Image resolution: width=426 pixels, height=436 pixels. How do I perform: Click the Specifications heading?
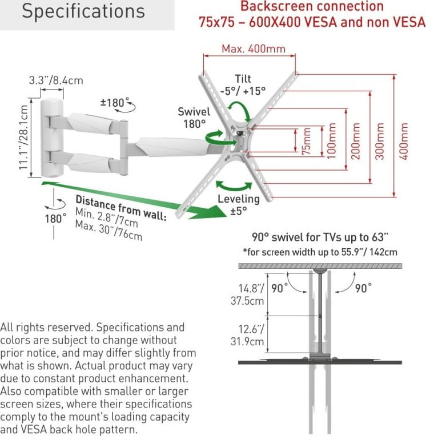tap(83, 11)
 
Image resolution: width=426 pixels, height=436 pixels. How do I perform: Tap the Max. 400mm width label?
tap(254, 49)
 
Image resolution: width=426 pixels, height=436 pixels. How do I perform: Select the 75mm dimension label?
tap(306, 142)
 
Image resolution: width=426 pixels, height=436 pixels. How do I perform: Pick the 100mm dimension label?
tap(331, 141)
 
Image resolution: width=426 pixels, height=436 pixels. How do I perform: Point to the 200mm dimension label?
tap(356, 141)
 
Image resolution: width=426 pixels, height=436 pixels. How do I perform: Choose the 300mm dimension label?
tap(380, 141)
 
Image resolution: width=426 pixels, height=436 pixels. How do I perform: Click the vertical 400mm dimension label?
tap(404, 141)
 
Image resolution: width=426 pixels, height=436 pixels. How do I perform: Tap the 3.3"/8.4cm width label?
tap(56, 80)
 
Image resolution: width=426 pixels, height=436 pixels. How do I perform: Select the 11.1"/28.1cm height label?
tap(23, 138)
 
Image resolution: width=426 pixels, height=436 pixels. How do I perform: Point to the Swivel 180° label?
tap(194, 118)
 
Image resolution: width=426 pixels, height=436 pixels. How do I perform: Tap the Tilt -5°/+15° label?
tap(243, 85)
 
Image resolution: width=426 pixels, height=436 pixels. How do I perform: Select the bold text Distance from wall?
tap(121, 208)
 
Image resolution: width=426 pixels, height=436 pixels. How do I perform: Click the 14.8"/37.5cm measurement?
tap(247, 294)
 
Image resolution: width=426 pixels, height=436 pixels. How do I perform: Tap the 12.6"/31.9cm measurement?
tap(247, 336)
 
